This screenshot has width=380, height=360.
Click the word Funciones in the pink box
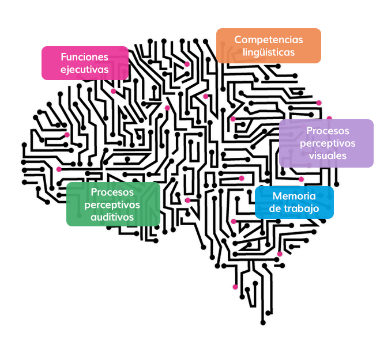pyautogui.click(x=84, y=57)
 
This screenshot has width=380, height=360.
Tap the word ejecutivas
pyautogui.click(x=84, y=69)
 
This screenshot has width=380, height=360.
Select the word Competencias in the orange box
pyautogui.click(x=268, y=40)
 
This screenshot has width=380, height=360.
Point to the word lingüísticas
pyautogui.click(x=268, y=52)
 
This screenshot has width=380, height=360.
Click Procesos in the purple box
pyautogui.click(x=328, y=131)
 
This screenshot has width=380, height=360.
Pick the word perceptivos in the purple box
pyautogui.click(x=328, y=143)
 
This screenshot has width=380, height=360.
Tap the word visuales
pyautogui.click(x=328, y=156)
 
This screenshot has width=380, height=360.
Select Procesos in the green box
pyautogui.click(x=112, y=192)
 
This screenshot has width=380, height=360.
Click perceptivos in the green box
pyautogui.click(x=112, y=204)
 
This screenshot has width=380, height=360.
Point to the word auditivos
pyautogui.click(x=112, y=217)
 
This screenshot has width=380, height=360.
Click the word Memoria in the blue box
pyautogui.click(x=294, y=196)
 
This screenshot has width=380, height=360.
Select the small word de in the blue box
pyautogui.click(x=274, y=209)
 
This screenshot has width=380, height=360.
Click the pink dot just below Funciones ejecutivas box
pyautogui.click(x=113, y=91)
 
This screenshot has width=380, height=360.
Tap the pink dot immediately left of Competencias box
pyautogui.click(x=187, y=64)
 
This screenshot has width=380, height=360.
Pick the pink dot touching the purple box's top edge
pyautogui.click(x=329, y=119)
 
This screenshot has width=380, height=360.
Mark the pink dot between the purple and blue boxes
pyautogui.click(x=301, y=179)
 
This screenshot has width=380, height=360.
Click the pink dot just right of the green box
pyautogui.click(x=187, y=200)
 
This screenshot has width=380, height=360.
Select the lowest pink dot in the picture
pyautogui.click(x=235, y=287)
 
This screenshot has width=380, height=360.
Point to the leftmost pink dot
pyautogui.click(x=58, y=169)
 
